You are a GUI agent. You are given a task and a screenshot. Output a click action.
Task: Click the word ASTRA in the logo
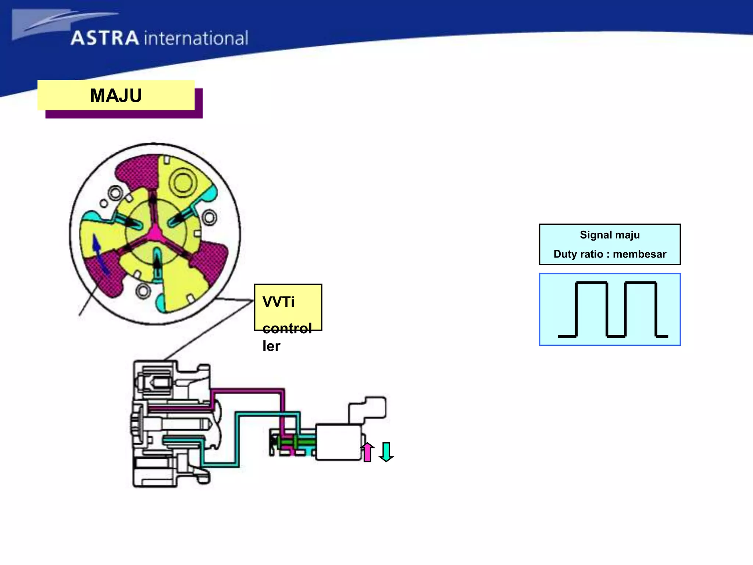105,38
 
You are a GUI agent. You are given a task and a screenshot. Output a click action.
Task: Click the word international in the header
196,39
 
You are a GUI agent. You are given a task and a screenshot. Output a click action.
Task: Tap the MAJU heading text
116,96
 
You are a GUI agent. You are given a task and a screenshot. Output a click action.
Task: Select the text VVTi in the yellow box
278,302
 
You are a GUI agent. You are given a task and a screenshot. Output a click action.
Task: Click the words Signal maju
610,235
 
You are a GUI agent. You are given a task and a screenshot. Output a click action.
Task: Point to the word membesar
639,254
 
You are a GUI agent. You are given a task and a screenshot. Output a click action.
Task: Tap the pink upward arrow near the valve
367,452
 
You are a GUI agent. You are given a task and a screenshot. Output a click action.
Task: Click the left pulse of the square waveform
591,309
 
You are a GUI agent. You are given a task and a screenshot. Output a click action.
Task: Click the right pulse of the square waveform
640,309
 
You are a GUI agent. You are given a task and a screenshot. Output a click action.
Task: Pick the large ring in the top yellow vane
183,182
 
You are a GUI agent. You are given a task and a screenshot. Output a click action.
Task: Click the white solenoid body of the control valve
338,443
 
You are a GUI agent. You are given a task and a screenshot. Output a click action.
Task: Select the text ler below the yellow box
271,346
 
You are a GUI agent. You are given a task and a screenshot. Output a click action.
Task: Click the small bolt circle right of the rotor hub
209,217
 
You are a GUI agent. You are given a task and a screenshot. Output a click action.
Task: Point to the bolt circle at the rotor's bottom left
143,291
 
